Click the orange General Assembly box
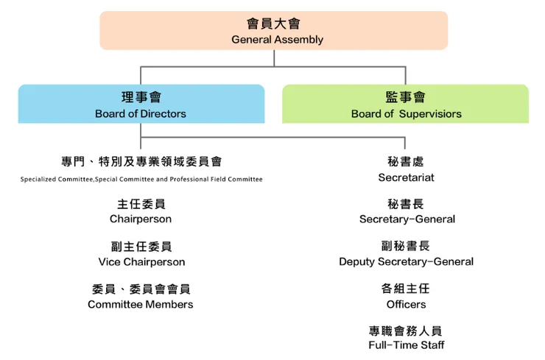click(273, 31)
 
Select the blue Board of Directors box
click(141, 104)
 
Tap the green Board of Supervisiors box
click(405, 104)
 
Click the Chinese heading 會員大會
click(273, 24)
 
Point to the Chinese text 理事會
click(141, 97)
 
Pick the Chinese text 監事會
click(405, 97)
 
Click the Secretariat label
click(406, 177)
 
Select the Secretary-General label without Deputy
click(407, 219)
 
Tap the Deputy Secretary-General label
click(406, 262)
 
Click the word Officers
click(406, 305)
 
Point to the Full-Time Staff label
click(406, 345)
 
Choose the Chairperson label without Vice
click(141, 219)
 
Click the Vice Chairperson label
click(141, 262)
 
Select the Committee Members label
click(141, 305)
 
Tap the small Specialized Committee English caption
click(141, 180)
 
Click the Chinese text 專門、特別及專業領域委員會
click(141, 161)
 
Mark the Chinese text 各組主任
click(406, 289)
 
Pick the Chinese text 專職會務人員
click(406, 331)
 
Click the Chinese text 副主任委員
click(141, 247)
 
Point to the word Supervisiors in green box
click(430, 114)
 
